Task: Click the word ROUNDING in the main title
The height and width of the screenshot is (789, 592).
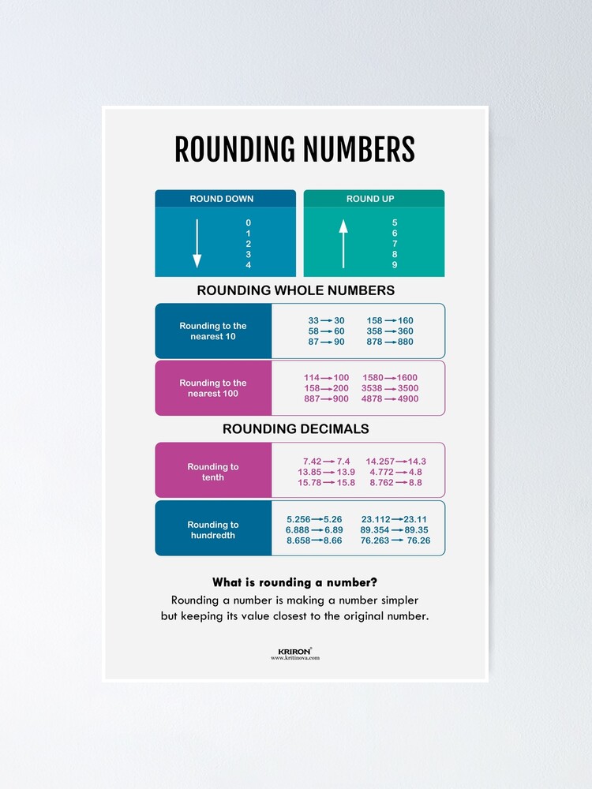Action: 236,150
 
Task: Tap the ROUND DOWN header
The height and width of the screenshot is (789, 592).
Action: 222,199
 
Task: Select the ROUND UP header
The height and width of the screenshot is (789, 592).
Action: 370,199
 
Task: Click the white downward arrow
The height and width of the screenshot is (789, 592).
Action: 197,244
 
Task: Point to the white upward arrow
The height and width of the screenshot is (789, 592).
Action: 343,244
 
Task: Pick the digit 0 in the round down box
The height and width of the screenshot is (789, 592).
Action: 248,222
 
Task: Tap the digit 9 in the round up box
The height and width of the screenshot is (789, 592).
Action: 395,265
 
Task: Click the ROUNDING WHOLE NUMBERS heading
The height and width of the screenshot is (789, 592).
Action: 295,290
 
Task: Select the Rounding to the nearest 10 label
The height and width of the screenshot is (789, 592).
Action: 213,331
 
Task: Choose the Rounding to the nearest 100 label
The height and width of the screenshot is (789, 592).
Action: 213,388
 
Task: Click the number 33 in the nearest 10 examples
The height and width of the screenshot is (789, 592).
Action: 313,320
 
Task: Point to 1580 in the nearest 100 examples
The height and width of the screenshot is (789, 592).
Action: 373,378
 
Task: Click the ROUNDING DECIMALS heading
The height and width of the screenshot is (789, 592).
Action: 295,429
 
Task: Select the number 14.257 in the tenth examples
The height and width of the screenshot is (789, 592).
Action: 380,461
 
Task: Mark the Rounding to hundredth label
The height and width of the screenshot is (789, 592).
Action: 213,530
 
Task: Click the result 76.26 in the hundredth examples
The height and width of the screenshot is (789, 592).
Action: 418,540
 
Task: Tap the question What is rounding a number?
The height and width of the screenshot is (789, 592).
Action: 294,583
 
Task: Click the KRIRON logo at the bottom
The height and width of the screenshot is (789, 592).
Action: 295,652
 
